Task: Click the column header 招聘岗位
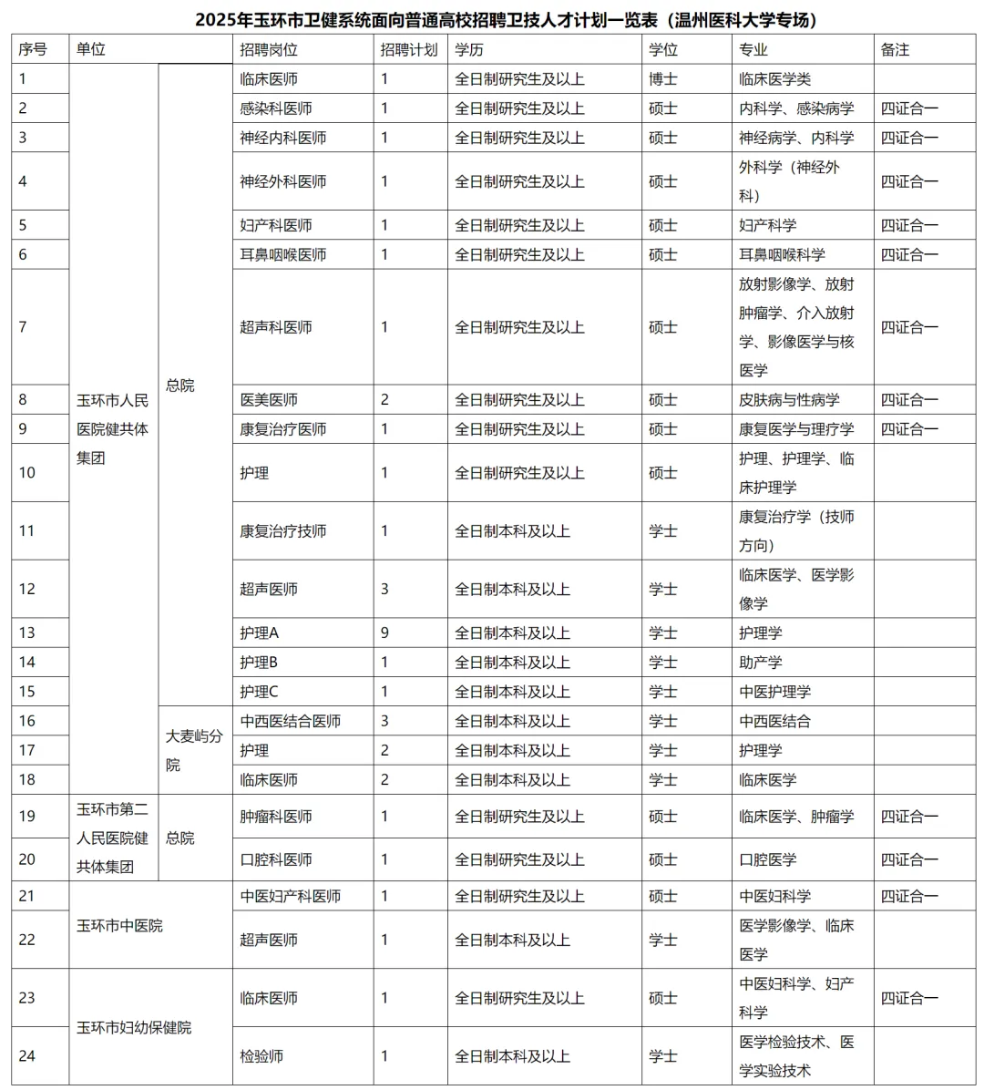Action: (x=269, y=50)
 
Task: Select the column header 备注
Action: (x=895, y=50)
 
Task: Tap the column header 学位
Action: (x=663, y=50)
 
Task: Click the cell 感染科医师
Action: (x=276, y=108)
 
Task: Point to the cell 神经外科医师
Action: (x=283, y=181)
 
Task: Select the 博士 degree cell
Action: (x=663, y=79)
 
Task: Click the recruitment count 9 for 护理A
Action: (x=384, y=633)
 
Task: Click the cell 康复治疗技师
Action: (x=283, y=531)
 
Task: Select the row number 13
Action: (x=27, y=633)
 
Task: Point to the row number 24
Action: (x=27, y=1056)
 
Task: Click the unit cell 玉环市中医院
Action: (x=119, y=925)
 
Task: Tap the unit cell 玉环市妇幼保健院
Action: (x=134, y=1027)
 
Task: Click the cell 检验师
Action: (x=261, y=1056)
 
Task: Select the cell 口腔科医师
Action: (x=276, y=859)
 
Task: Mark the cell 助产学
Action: (x=761, y=663)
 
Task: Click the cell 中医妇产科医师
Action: (x=291, y=896)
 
